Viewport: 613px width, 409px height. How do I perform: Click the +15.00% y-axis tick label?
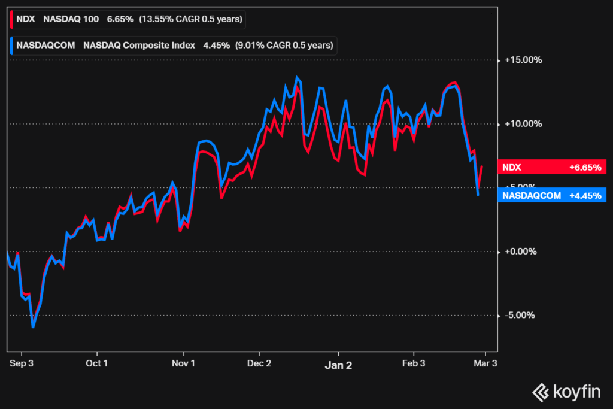point(523,60)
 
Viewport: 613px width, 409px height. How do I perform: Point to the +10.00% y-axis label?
point(523,124)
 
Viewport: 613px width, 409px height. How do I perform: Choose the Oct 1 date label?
point(97,363)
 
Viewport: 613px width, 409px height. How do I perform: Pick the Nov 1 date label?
point(184,363)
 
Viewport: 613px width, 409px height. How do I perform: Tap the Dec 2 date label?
point(260,363)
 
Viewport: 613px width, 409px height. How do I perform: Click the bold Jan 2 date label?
point(338,363)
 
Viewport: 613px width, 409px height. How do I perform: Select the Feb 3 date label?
point(414,363)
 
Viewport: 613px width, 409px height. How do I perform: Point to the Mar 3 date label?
point(485,363)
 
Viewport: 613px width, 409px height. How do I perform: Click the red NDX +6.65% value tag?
point(552,168)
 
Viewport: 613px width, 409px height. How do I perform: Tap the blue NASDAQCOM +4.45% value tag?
point(552,195)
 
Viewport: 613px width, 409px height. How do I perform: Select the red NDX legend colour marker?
point(12,19)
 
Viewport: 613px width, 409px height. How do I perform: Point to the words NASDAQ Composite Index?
point(139,46)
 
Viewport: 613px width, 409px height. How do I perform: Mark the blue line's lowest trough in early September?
point(33,327)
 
